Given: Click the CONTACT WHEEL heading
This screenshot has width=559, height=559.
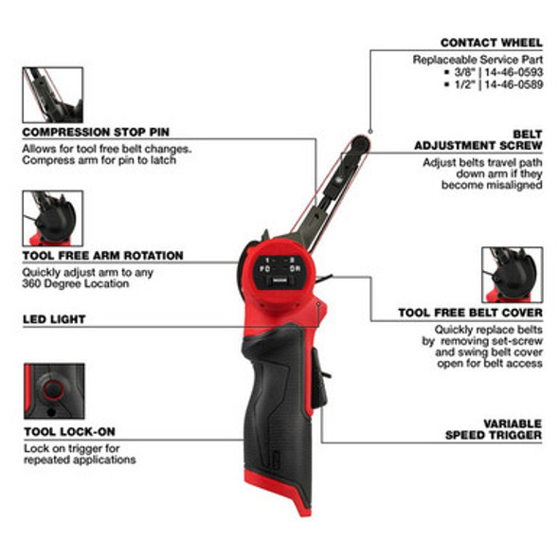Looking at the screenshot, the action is [492, 43].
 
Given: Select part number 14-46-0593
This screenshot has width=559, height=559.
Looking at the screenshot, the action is [514, 72].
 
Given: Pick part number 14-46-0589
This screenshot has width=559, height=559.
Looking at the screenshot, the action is [514, 84].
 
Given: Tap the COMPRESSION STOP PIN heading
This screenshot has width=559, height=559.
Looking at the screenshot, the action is [96, 133].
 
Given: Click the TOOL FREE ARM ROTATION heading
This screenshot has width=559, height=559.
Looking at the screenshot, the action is [102, 256].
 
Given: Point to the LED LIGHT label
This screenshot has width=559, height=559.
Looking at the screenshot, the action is [54, 319].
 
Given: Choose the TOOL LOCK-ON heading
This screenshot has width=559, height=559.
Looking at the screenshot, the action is [69, 432].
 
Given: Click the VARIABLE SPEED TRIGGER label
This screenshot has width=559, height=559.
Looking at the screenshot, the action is [494, 429].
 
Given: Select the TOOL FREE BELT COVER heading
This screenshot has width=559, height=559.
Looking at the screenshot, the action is [470, 313].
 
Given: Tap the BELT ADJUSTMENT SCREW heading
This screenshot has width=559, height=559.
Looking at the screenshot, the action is [478, 140].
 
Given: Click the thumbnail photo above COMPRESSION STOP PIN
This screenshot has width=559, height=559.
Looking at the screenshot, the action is [53, 95].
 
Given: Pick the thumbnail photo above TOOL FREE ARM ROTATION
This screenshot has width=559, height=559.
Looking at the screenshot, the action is [53, 218].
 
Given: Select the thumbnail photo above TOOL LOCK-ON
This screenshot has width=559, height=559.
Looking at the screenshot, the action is [54, 391].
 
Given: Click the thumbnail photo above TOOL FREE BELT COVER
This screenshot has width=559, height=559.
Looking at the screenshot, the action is [513, 275].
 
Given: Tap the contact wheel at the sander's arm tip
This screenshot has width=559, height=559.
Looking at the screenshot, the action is [360, 144].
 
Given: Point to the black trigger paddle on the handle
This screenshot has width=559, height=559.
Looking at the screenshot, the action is [319, 379].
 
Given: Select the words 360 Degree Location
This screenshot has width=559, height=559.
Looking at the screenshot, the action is [76, 284].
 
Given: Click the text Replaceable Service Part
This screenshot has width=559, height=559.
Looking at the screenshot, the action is [478, 60].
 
